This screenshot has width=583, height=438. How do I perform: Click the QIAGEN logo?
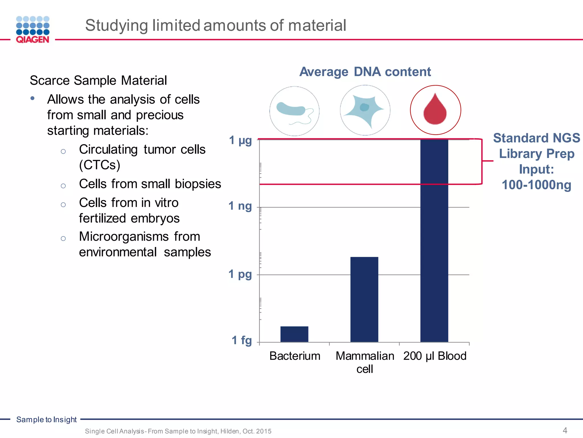coord(33,30)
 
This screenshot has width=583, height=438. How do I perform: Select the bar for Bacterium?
coord(294,334)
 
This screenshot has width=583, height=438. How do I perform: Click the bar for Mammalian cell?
coord(364,299)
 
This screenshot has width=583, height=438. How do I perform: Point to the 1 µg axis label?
coord(241,140)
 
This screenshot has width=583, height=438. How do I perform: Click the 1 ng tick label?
coord(240,206)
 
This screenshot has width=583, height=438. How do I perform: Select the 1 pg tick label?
coord(240,274)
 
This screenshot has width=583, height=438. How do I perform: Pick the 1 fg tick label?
coord(242,340)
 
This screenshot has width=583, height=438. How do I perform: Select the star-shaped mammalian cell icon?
coord(365,110)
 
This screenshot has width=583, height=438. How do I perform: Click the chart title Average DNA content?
coord(365,72)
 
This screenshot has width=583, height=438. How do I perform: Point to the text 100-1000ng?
coord(536,185)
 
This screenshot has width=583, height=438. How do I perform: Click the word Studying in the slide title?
coord(116,25)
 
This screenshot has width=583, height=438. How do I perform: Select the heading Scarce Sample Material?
coord(98,80)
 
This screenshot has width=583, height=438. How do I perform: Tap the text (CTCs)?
coord(100,165)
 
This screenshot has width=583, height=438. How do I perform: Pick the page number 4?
coord(565,430)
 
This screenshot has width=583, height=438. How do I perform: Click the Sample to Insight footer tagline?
coord(46,419)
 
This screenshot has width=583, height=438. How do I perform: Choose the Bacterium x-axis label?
coord(295,356)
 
